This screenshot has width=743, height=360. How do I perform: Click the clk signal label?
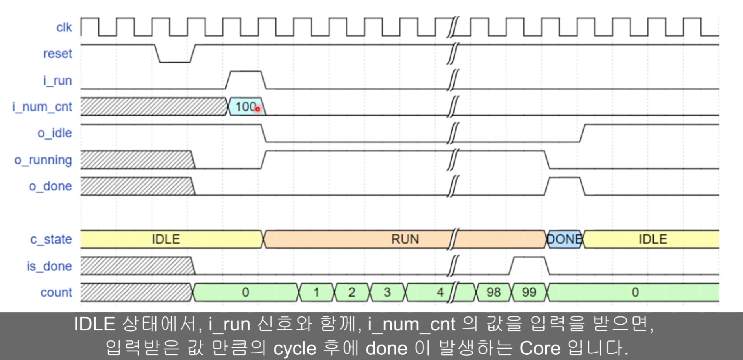tap(64, 28)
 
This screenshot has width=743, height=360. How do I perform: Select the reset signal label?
tap(57, 54)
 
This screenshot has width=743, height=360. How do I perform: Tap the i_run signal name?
tap(57, 80)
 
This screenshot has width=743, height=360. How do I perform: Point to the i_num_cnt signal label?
tap(42, 107)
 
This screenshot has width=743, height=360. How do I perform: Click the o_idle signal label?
tap(55, 133)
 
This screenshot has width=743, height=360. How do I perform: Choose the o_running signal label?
tap(43, 160)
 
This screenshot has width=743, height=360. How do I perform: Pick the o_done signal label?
tap(50, 186)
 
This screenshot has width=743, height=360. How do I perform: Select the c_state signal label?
tap(51, 239)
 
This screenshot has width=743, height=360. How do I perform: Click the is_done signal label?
tap(49, 266)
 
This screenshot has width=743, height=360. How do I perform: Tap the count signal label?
tap(56, 292)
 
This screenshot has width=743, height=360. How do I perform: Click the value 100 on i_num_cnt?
tap(246, 106)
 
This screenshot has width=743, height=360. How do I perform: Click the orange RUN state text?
tap(405, 239)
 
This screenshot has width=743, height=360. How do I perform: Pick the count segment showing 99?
tap(529, 292)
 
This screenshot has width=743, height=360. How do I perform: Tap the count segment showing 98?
tap(493, 292)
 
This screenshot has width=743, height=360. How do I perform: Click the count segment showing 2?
tap(351, 292)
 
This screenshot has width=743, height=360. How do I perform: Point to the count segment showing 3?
tap(387, 292)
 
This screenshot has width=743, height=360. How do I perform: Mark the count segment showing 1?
tap(316, 292)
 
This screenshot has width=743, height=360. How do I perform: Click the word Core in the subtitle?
tap(540, 348)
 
